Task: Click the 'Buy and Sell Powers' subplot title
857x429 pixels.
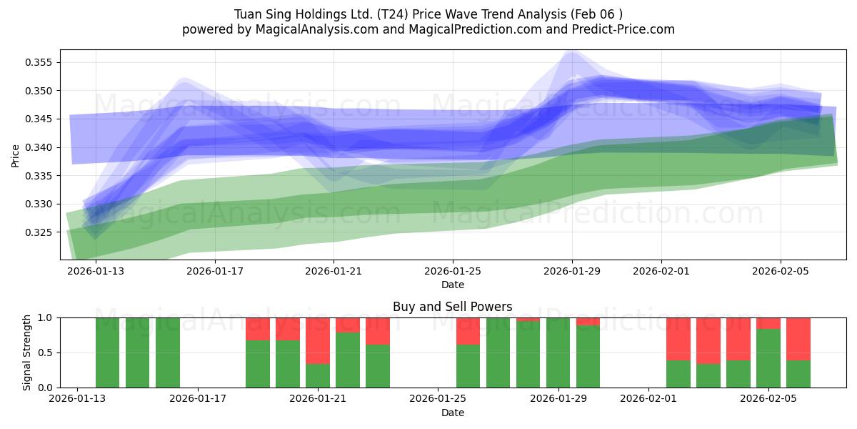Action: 452,307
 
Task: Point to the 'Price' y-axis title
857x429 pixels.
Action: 16,154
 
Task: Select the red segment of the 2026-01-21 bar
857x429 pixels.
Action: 318,340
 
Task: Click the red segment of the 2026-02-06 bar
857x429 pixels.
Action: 798,338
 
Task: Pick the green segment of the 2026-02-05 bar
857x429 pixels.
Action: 768,357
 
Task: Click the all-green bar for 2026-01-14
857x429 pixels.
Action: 108,352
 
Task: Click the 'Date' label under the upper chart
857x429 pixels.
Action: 452,285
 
